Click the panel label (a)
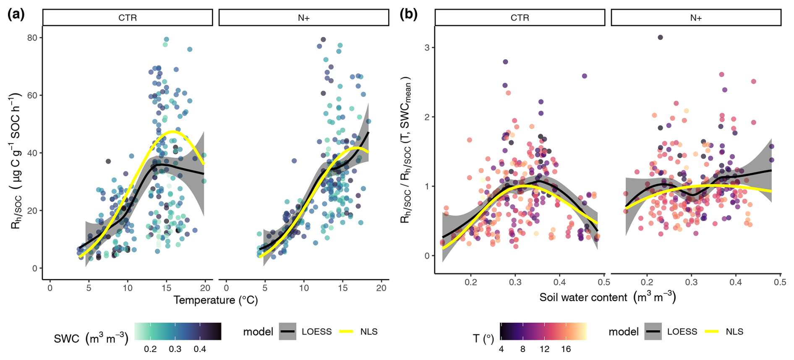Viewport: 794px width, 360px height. click(16, 15)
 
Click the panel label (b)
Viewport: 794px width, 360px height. click(408, 15)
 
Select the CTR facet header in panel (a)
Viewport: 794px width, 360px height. click(128, 18)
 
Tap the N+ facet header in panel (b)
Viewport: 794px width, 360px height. click(696, 18)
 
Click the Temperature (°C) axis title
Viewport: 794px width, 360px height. click(216, 300)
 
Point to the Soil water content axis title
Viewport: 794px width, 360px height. click(607, 297)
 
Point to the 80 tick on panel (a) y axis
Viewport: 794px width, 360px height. click(32, 38)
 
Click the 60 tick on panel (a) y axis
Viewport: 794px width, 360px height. click(32, 95)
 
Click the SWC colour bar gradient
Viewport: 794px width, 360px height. click(178, 331)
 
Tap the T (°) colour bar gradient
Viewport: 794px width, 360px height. click(543, 331)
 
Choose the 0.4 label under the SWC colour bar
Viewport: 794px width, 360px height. click(200, 349)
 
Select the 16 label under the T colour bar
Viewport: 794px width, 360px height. click(566, 349)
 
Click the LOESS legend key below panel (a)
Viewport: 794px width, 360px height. click(287, 331)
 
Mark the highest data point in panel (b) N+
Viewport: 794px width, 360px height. click(660, 37)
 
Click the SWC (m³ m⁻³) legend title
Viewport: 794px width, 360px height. click(91, 339)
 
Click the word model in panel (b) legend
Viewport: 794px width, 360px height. click(624, 331)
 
